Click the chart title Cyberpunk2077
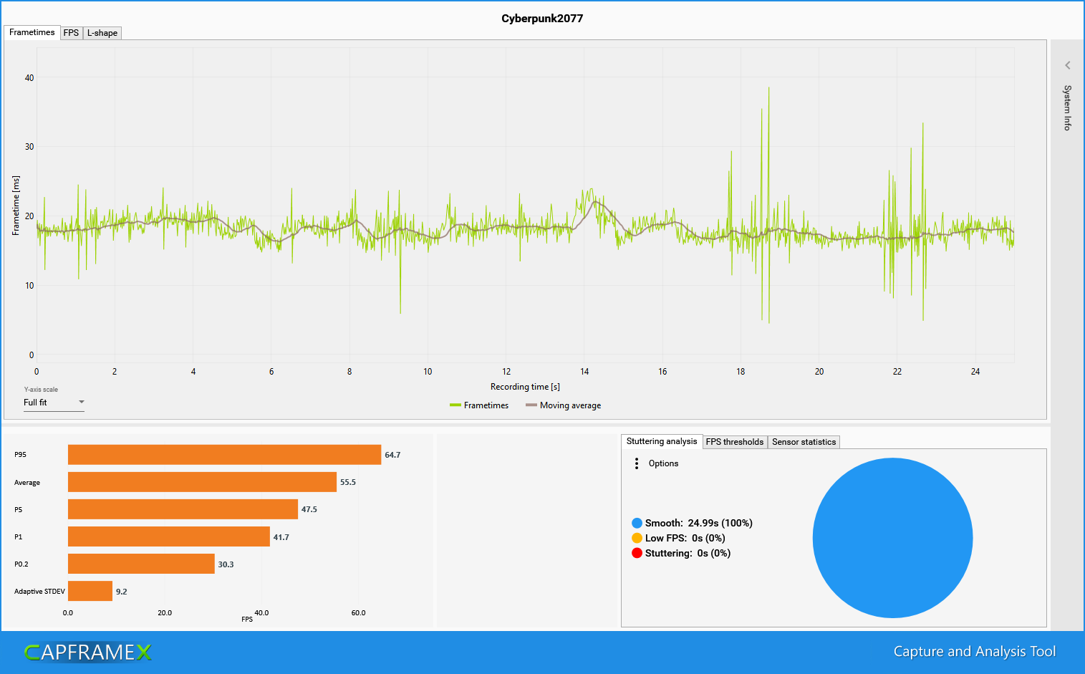542,19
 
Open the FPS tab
71,33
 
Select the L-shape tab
102,33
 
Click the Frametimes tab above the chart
32,32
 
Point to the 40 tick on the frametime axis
29,78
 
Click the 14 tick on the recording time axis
584,372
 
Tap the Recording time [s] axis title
525,387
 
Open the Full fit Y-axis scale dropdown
54,403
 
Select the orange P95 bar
224,455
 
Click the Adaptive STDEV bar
90,591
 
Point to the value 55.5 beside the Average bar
348,482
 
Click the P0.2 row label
21,564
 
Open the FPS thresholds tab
735,442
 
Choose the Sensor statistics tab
804,442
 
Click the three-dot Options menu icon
637,463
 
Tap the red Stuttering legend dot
637,553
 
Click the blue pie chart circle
892,538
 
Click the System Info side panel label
1067,107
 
